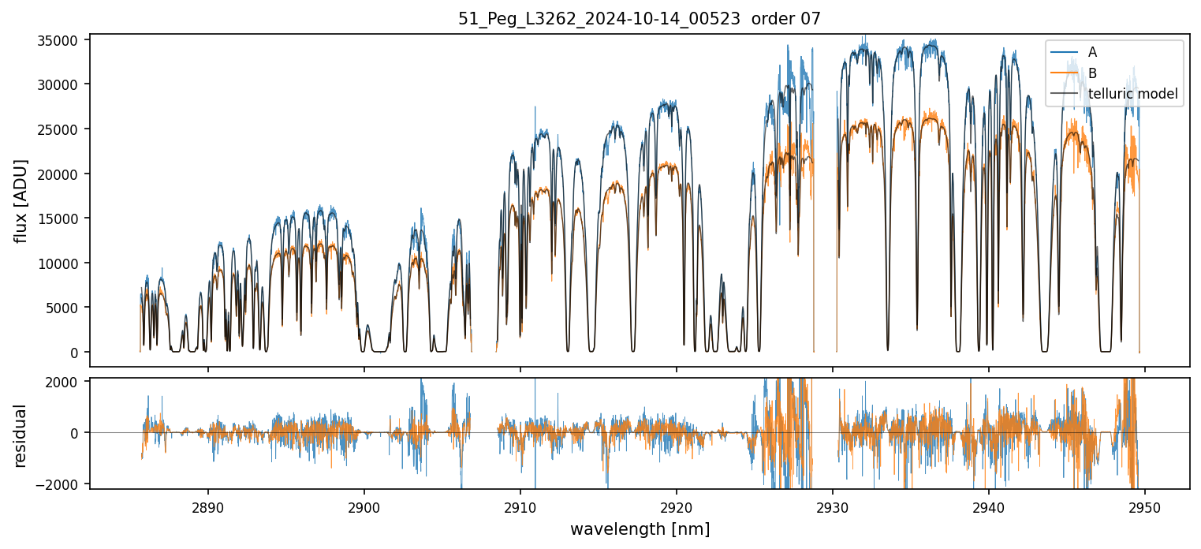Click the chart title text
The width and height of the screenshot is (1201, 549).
click(640, 19)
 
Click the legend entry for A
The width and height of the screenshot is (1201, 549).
click(1092, 52)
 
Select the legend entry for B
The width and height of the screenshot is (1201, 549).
click(1092, 73)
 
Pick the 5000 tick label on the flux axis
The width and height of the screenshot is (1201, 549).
click(68, 308)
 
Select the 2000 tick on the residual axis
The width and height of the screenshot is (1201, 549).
click(69, 383)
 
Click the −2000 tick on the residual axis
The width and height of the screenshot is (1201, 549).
click(65, 483)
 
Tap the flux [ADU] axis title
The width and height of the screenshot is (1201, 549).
click(21, 200)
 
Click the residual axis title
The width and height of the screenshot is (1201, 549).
click(21, 435)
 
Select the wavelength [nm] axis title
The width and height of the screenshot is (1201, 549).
click(640, 529)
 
